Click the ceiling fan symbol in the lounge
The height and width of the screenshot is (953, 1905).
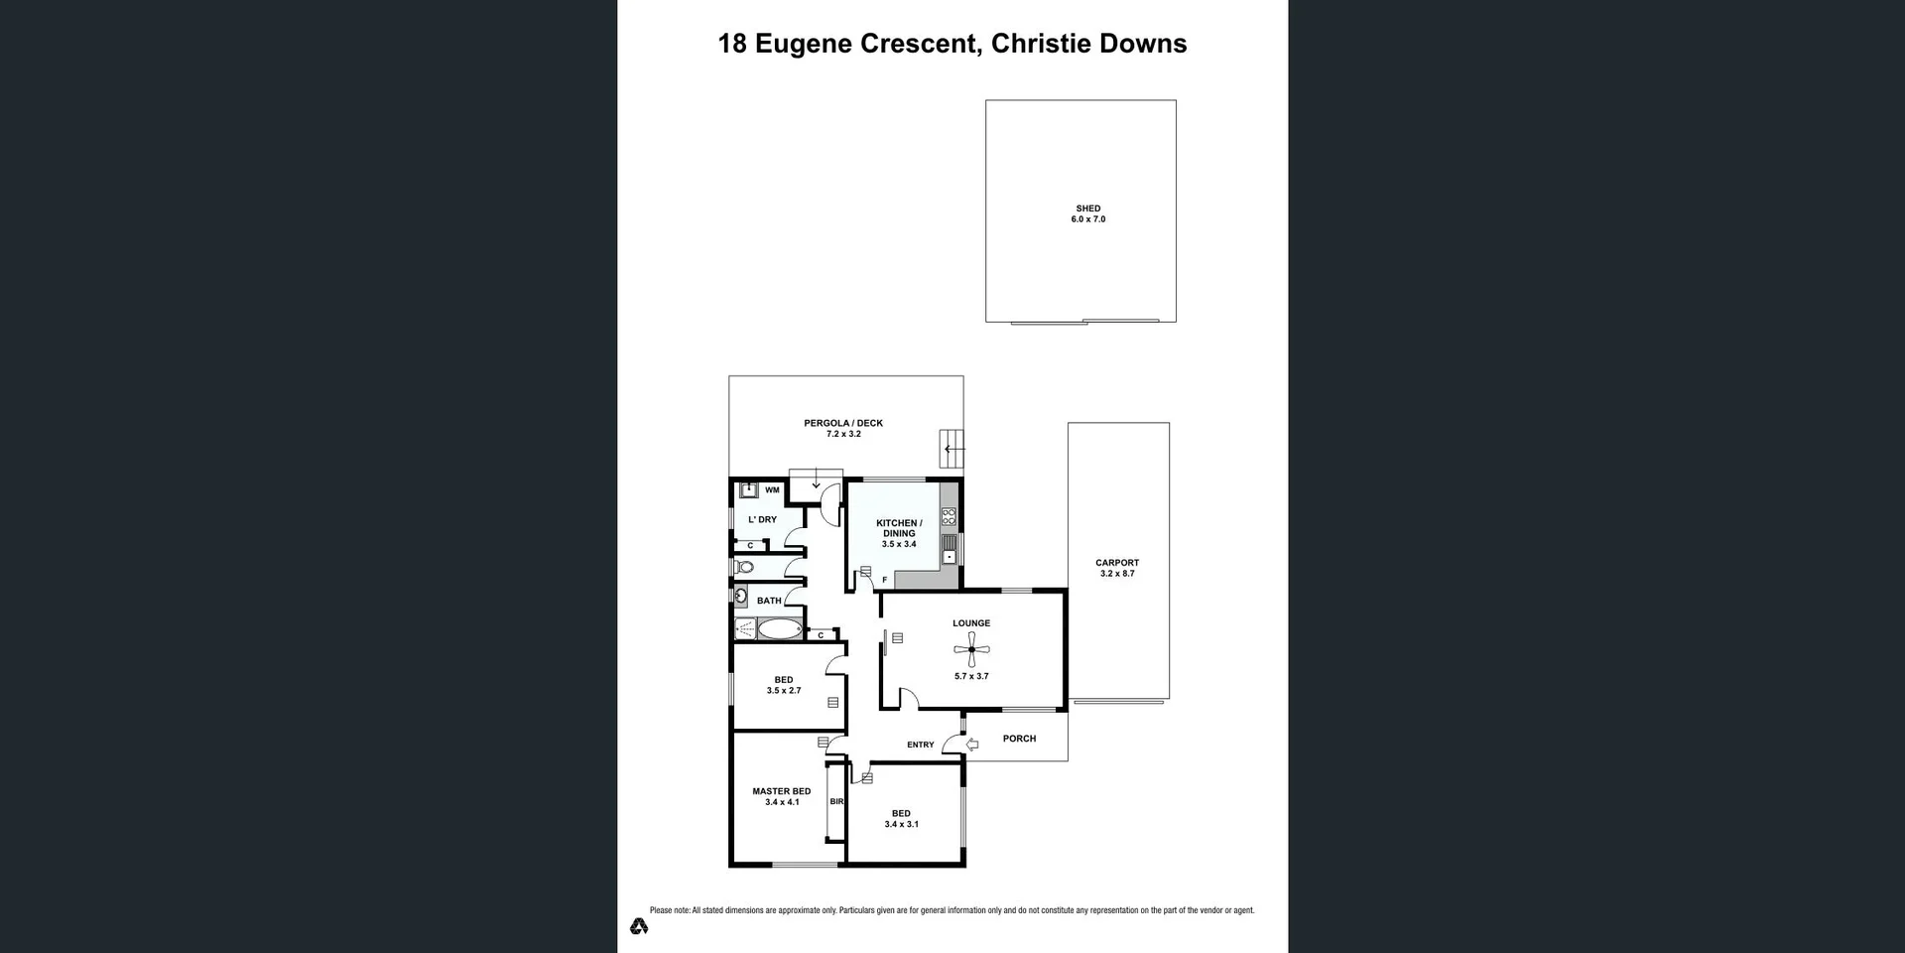tap(971, 650)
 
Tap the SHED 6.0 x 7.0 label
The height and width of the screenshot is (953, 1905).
tap(1087, 213)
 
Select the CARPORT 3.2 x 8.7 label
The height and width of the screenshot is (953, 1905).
tap(1117, 568)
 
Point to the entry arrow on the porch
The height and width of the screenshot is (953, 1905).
tap(972, 745)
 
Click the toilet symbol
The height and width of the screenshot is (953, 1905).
tap(745, 568)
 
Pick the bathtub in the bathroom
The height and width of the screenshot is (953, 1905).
tap(780, 628)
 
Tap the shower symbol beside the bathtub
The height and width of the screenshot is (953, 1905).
tap(744, 628)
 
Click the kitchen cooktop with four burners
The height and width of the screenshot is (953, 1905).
tap(949, 516)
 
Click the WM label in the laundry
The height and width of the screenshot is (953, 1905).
tap(772, 490)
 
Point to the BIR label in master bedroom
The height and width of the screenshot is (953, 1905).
tap(836, 801)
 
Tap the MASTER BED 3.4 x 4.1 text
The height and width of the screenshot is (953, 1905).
tap(781, 796)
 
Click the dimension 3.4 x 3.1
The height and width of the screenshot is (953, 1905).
tap(901, 824)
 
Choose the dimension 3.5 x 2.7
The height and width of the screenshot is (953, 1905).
tap(783, 691)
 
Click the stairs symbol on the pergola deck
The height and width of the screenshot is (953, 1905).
tap(952, 449)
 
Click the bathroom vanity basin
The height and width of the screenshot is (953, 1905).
tap(741, 597)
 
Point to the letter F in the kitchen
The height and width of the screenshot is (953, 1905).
tap(884, 580)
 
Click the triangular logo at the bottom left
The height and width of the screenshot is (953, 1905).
tap(639, 926)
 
